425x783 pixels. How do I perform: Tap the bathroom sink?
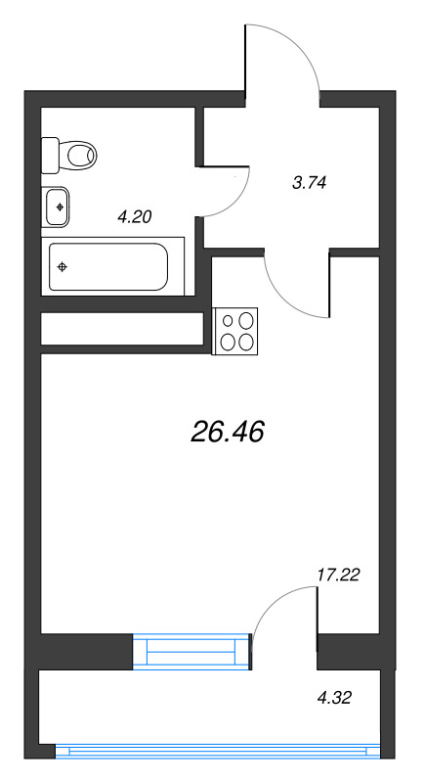(x=58, y=207)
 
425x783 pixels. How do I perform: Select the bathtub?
(x=108, y=266)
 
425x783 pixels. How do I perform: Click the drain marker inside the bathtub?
(x=63, y=267)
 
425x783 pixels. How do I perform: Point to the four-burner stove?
(x=236, y=330)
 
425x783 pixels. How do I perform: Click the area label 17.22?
(x=339, y=575)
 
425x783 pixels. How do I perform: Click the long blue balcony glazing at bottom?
(x=216, y=751)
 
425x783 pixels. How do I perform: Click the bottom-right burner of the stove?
(x=246, y=341)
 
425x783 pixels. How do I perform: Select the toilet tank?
(x=51, y=154)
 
